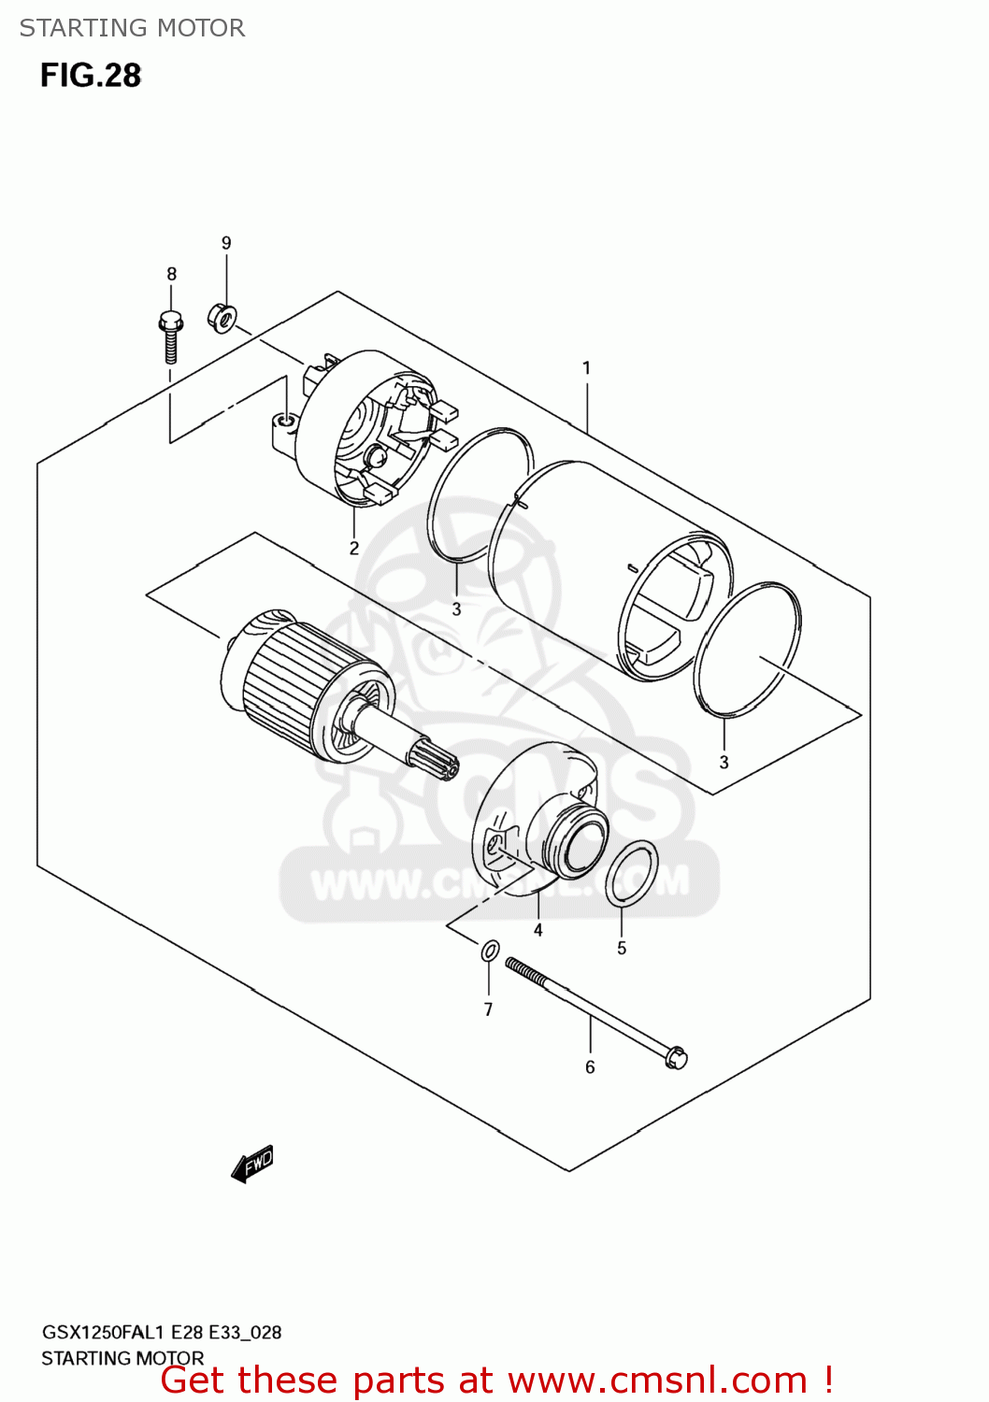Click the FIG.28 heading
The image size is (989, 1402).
91,76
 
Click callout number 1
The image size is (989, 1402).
586,368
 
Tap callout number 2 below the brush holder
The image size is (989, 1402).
354,549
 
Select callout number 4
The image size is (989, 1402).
537,930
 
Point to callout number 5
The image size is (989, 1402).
622,949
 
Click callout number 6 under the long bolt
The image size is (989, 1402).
590,1067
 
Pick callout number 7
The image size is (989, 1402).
488,1009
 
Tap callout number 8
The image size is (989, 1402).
171,274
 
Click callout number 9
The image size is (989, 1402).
226,243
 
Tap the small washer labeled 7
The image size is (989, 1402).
490,951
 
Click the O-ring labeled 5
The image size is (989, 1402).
631,873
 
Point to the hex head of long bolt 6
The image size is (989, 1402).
677,1057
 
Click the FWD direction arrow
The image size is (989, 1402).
252,1165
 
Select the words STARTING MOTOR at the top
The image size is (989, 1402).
132,28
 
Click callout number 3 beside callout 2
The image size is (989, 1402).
456,609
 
